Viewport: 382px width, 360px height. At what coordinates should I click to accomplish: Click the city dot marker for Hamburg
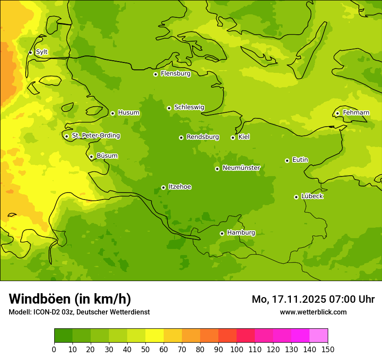222,233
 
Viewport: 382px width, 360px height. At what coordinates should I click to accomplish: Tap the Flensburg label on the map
175,74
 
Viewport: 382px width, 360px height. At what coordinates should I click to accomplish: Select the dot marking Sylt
30,52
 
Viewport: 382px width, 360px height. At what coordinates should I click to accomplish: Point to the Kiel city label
244,137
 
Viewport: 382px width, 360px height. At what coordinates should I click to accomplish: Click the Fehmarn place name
356,113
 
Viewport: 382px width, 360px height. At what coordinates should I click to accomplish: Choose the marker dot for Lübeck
296,197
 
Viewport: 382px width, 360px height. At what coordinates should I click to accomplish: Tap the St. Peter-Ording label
95,136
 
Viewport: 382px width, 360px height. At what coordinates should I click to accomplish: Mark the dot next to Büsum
91,157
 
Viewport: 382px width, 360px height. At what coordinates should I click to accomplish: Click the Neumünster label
241,168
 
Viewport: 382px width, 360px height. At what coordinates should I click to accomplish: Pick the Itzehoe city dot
163,187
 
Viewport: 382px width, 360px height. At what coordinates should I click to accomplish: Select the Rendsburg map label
203,137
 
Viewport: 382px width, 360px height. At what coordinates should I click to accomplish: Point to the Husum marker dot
112,113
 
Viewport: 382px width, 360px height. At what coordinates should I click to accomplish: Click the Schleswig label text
189,107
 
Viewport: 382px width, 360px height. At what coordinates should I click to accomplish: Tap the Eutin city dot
287,160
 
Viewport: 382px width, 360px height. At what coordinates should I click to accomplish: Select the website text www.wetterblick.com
313,312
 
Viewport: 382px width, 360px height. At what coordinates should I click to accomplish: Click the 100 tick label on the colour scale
237,349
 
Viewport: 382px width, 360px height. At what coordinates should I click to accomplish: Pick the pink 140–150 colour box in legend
318,335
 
